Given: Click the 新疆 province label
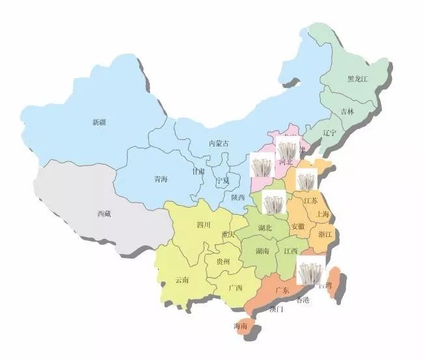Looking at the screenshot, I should (x=99, y=122).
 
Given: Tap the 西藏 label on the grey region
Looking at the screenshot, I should (x=103, y=214).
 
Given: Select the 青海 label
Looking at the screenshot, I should (x=160, y=179).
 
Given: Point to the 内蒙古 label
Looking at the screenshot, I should (x=219, y=143).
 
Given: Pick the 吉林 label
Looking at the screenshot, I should (x=348, y=111).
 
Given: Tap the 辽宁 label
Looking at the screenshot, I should (x=330, y=133).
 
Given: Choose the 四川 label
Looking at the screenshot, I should (x=204, y=225).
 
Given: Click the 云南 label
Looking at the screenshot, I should (x=182, y=280).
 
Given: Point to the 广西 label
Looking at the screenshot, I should (x=235, y=287).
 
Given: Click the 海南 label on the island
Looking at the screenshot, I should (x=240, y=326).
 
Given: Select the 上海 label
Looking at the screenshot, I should (x=321, y=214).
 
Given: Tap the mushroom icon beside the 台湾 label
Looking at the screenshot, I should (x=307, y=270).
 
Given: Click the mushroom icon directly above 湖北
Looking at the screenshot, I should (x=273, y=203).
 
